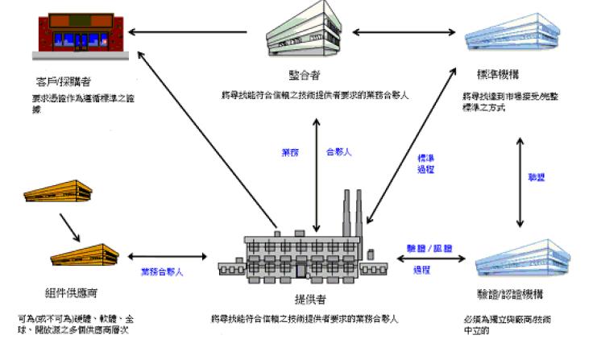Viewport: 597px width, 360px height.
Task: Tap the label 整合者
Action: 305,75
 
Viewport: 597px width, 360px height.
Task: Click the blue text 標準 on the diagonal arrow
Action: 425,158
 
